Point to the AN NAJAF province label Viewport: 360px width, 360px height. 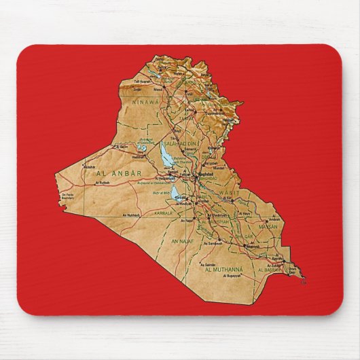[x=183, y=241]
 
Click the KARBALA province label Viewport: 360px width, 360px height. [x=163, y=213]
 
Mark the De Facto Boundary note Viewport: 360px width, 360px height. [x=67, y=198]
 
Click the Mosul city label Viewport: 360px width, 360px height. [x=158, y=88]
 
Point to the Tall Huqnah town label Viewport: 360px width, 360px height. [x=141, y=83]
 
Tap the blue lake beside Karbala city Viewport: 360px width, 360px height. [x=178, y=193]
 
